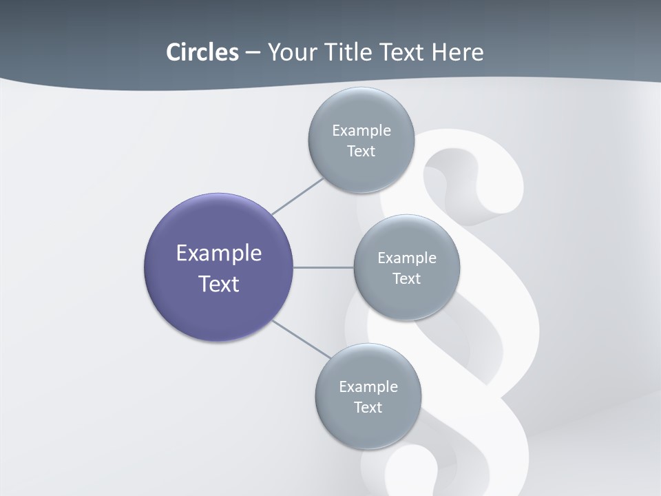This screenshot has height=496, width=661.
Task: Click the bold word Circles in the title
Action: point(202,52)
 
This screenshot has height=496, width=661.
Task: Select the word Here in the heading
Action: point(457,52)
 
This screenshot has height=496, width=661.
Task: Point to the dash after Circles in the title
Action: point(253,53)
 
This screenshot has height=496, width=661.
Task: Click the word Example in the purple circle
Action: point(218,254)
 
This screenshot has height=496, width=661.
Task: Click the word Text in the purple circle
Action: point(218,284)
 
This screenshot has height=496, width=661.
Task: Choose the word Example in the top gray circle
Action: point(361,131)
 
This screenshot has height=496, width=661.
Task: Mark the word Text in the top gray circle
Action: point(361,152)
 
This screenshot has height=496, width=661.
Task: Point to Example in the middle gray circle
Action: point(407,258)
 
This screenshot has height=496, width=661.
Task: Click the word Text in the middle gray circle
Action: point(407,279)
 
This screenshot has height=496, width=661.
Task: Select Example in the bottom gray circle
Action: point(368,387)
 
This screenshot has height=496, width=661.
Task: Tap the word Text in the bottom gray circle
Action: point(368,408)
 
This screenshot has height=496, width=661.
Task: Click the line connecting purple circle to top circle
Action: point(297,196)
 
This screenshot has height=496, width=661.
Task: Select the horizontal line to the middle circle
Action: point(324,267)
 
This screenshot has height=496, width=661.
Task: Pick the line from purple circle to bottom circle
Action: point(301,339)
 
